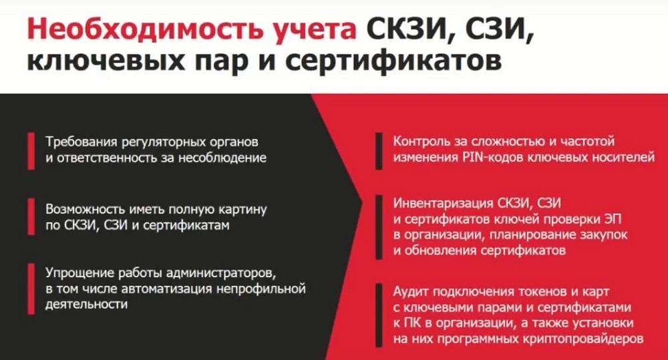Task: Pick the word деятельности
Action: pyautogui.click(x=86, y=304)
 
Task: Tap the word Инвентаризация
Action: pyautogui.click(x=443, y=203)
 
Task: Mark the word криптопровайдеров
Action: pyautogui.click(x=582, y=339)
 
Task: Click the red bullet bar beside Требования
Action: pyautogui.click(x=31, y=151)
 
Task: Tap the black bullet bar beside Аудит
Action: pyautogui.click(x=379, y=315)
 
